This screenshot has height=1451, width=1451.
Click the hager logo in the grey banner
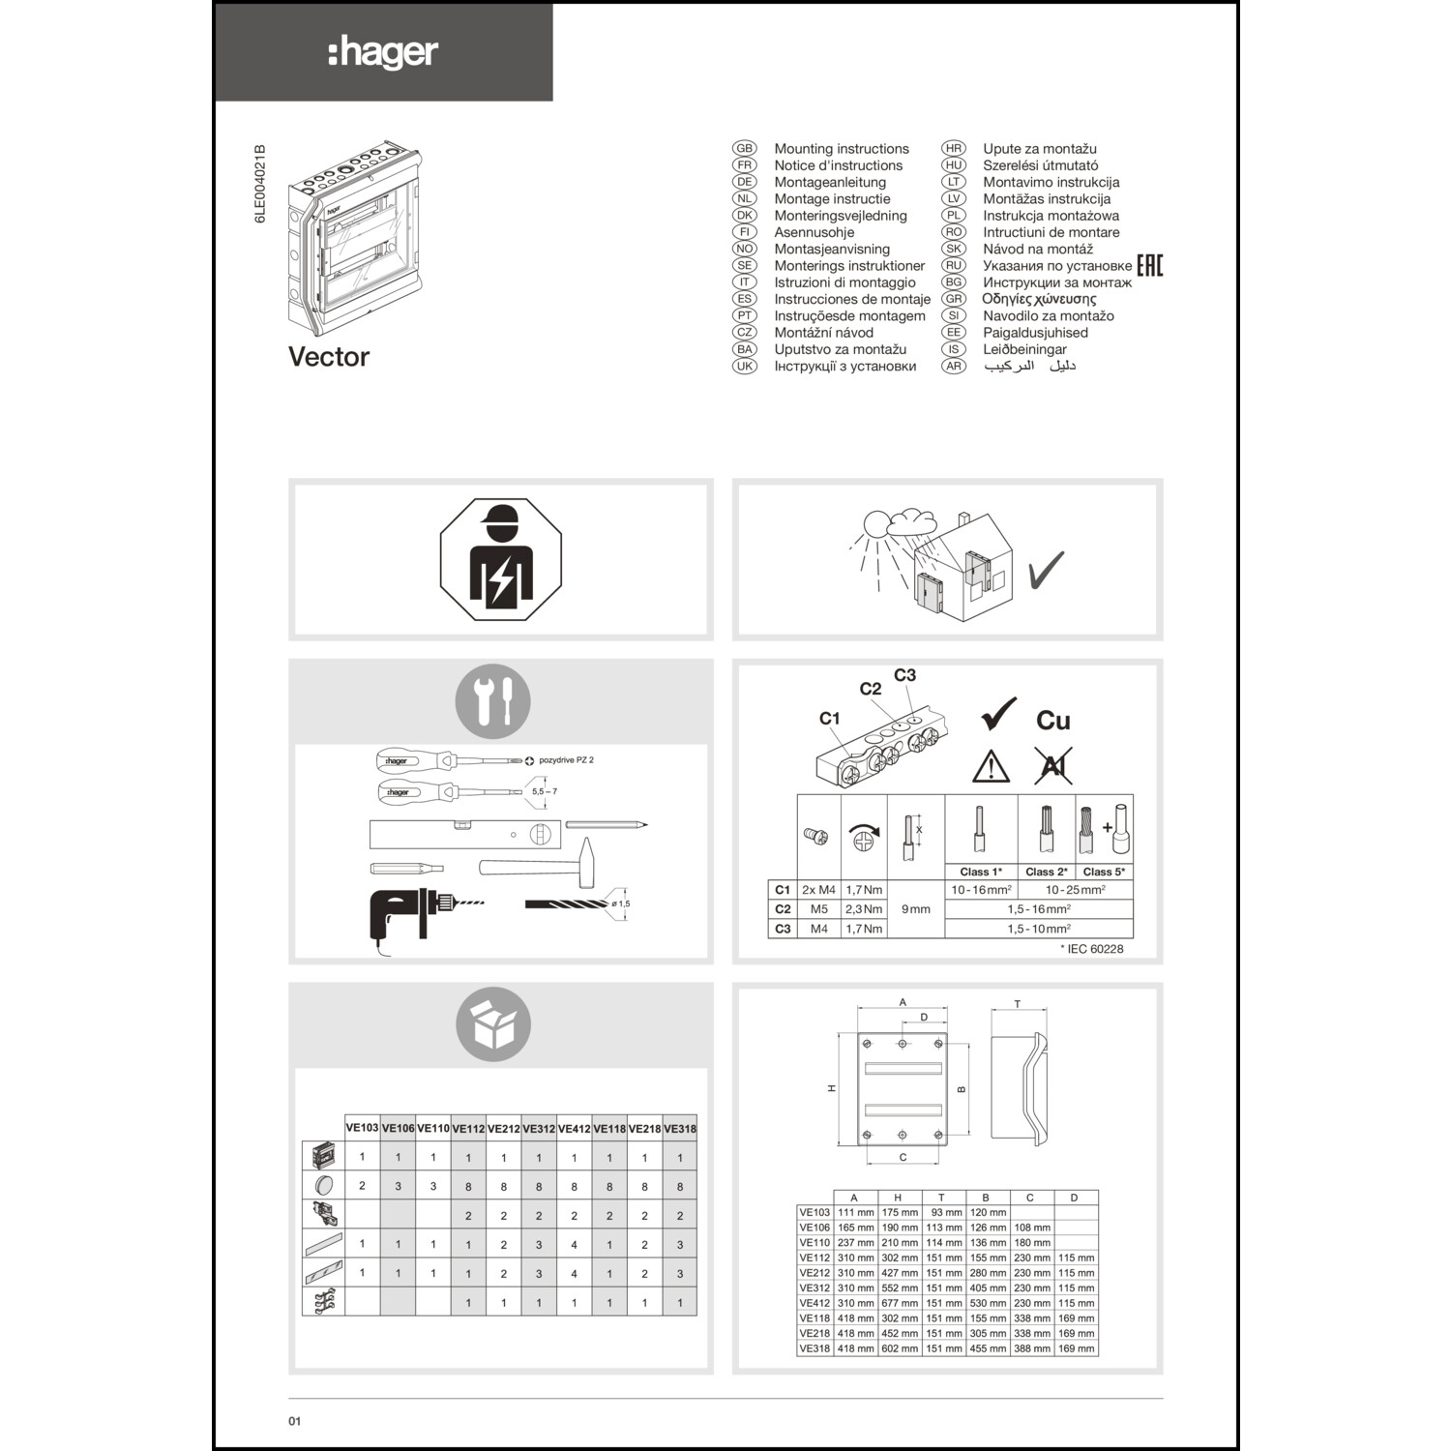pyautogui.click(x=384, y=52)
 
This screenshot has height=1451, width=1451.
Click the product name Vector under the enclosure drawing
pyautogui.click(x=329, y=357)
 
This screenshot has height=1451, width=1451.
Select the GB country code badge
pyautogui.click(x=744, y=149)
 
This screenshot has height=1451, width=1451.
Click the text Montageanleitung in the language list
pyautogui.click(x=830, y=182)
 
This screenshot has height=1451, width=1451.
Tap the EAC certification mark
pyautogui.click(x=1149, y=265)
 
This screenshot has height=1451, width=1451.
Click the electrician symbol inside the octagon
pyautogui.click(x=500, y=559)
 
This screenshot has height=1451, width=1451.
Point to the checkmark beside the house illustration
pyautogui.click(x=1046, y=571)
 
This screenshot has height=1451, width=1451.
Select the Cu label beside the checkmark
pyautogui.click(x=1052, y=721)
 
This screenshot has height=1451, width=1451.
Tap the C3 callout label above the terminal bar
pyautogui.click(x=904, y=675)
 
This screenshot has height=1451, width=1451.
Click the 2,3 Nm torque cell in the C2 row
pyautogui.click(x=864, y=909)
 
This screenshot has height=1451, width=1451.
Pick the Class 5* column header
pyautogui.click(x=1104, y=872)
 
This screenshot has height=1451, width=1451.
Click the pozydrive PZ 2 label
pyautogui.click(x=566, y=760)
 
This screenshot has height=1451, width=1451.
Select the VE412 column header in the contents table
pyautogui.click(x=574, y=1129)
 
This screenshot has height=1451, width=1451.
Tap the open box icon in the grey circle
pyautogui.click(x=493, y=1023)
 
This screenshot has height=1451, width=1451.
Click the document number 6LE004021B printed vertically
pyautogui.click(x=259, y=185)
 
